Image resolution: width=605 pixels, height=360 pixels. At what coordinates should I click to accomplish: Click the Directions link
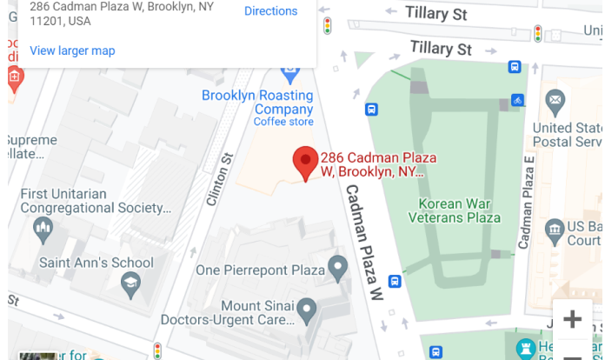pos(270,11)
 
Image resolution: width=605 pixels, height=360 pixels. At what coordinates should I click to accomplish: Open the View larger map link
pos(72,50)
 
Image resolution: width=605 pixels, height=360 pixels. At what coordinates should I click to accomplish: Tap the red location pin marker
pos(304,163)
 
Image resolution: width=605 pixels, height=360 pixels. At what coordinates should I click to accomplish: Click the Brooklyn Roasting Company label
pos(257,103)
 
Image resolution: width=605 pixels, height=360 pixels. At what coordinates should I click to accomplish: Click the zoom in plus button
pos(572,319)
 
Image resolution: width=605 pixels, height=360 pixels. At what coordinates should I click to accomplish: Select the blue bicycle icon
pos(518,101)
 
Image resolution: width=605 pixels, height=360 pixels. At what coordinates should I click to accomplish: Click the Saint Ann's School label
pos(96,262)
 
